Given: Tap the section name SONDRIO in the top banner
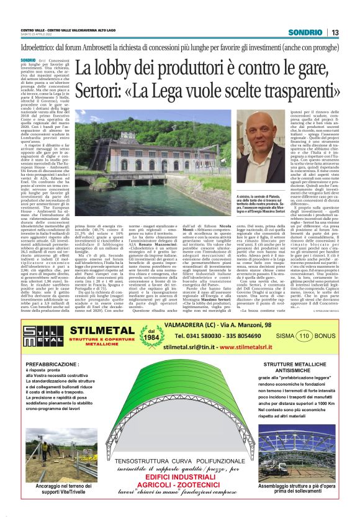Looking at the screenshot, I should pyautogui.click(x=305, y=33).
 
